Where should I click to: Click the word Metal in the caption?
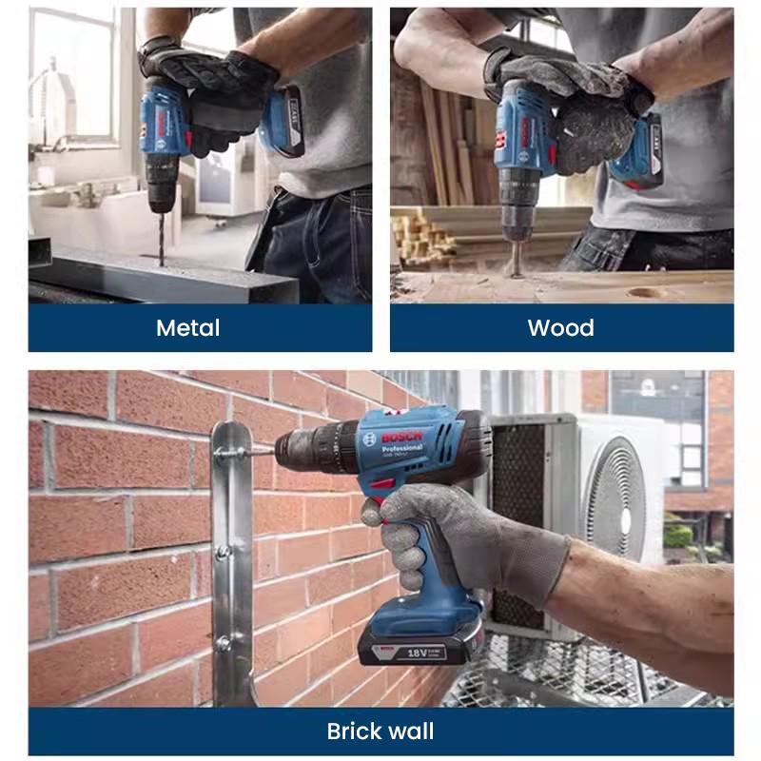(x=187, y=328)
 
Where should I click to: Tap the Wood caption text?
(x=560, y=328)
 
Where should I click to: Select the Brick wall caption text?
(x=380, y=732)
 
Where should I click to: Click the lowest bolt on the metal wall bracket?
(x=224, y=644)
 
